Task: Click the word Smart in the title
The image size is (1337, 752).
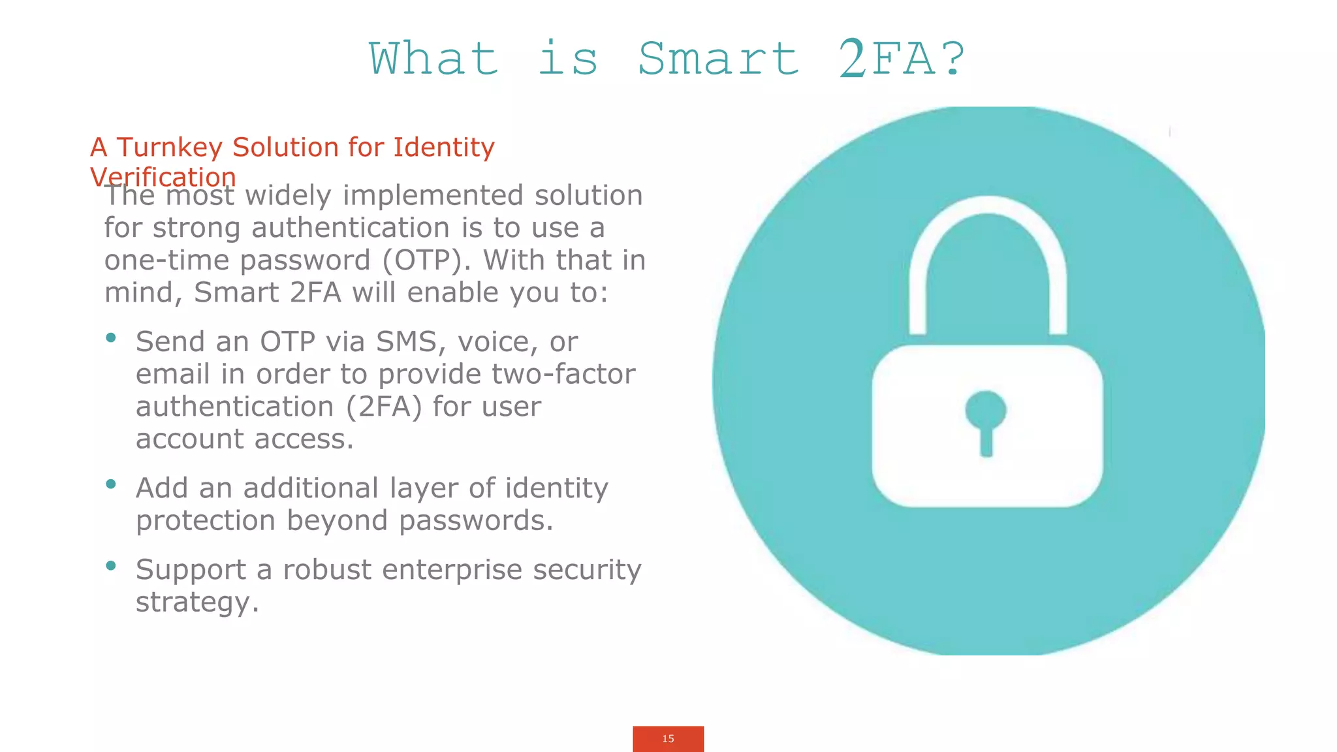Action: [x=719, y=59]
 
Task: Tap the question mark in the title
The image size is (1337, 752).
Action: [x=952, y=59]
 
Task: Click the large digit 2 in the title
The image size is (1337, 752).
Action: [x=853, y=59]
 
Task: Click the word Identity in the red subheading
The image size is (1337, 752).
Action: [x=444, y=148]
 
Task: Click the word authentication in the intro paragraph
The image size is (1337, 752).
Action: [x=350, y=228]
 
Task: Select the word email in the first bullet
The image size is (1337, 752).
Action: [x=172, y=374]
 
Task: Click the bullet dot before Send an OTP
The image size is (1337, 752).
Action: [x=111, y=337]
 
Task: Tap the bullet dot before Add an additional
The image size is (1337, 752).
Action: [x=111, y=484]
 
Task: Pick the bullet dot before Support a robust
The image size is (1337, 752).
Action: [x=111, y=565]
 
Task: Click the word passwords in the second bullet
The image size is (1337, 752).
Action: [x=476, y=521]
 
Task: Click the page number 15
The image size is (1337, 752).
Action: [x=668, y=739]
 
